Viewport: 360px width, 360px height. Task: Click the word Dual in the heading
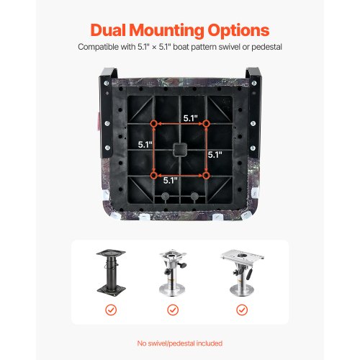point(108,30)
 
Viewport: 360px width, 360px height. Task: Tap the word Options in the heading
point(238,31)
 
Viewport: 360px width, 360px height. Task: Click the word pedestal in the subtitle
point(266,47)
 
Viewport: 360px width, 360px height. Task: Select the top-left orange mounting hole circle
point(153,124)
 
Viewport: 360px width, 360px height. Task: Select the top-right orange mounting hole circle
point(207,124)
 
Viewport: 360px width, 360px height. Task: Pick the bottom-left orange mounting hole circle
point(153,176)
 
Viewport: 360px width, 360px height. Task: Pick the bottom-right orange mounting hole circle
point(206,176)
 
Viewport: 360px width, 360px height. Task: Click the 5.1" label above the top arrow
point(191,118)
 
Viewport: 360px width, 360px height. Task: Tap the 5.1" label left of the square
point(145,145)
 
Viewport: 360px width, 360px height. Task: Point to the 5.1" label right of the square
point(215,155)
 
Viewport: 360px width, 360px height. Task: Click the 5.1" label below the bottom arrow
point(171,181)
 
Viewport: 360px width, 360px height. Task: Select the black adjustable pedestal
point(111,273)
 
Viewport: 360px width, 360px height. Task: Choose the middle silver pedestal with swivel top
point(173,273)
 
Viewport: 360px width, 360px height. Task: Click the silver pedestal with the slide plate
point(242,273)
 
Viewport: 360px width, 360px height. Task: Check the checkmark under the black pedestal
point(111,310)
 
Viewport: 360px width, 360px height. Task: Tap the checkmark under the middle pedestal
point(173,310)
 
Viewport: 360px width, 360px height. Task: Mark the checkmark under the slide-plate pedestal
point(242,310)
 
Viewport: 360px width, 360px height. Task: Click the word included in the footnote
point(210,343)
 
